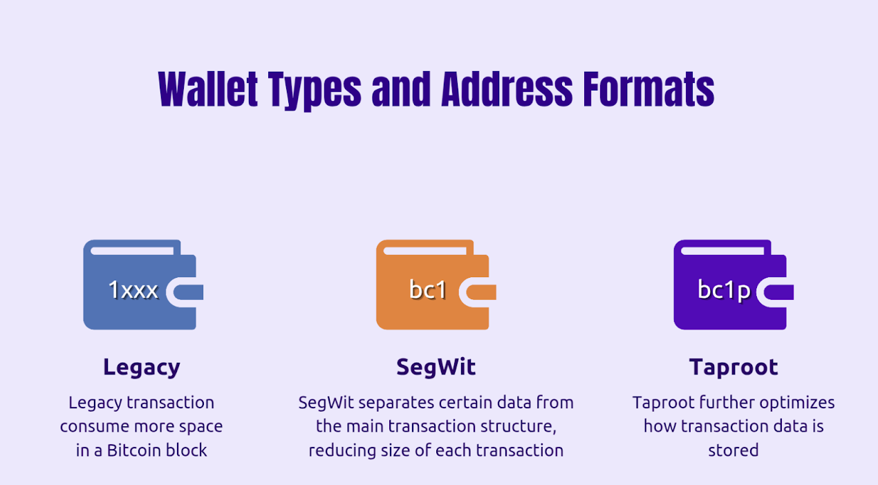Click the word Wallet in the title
point(208,89)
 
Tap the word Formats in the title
point(648,89)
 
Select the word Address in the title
point(507,89)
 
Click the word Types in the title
point(315,91)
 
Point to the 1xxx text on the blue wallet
point(133,290)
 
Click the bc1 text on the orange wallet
point(428,290)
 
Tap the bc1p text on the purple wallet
point(724,291)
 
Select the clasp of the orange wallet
point(478,292)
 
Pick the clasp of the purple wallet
point(775,292)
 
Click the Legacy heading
point(142,368)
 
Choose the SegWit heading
point(436,367)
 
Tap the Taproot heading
point(734,368)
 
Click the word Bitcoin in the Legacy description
point(133,450)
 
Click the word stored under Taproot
point(734,450)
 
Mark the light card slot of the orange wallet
point(424,251)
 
